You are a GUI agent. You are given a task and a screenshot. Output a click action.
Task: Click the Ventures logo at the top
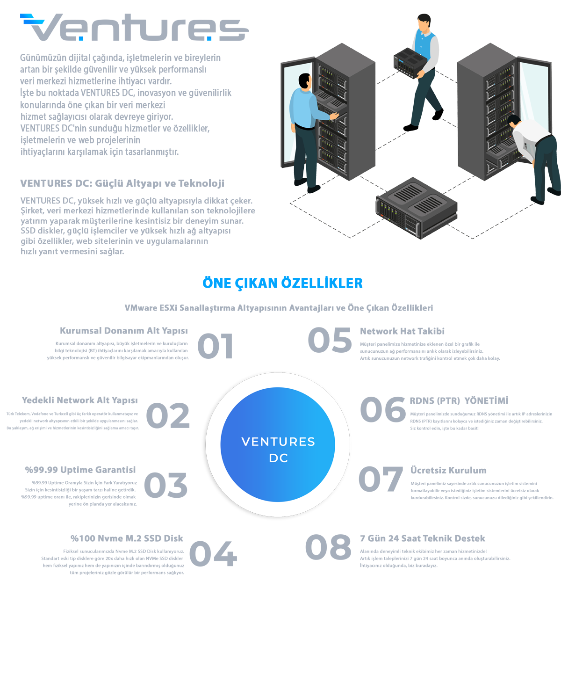[134, 28]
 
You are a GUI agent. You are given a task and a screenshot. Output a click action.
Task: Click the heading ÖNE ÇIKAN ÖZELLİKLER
[282, 283]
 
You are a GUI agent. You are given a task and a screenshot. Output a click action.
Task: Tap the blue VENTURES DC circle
[278, 444]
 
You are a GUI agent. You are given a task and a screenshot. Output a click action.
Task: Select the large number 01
[215, 346]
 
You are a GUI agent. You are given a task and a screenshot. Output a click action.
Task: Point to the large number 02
[167, 416]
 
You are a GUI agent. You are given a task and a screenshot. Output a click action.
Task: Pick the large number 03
[165, 485]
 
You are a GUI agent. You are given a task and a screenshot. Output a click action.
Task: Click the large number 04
[213, 554]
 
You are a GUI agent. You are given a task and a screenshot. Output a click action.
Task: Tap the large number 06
[383, 409]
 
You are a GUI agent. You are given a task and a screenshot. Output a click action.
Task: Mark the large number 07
[381, 479]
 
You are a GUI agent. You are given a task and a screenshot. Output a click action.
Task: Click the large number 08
[328, 547]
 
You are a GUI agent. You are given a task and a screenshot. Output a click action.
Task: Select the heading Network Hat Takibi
[402, 331]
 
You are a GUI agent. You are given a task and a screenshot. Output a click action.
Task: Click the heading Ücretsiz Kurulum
[448, 471]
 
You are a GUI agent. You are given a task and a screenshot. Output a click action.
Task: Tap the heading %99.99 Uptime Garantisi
[80, 470]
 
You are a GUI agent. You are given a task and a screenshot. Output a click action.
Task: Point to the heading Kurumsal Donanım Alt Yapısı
[123, 331]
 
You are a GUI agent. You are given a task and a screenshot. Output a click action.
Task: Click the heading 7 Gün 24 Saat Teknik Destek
[423, 538]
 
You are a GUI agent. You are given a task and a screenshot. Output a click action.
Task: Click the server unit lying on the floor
[417, 208]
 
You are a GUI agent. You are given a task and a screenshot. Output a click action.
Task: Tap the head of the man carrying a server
[424, 22]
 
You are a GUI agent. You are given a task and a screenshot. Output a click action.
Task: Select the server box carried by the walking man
[410, 63]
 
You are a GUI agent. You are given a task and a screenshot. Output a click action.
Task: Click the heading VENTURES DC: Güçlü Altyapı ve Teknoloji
[122, 183]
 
